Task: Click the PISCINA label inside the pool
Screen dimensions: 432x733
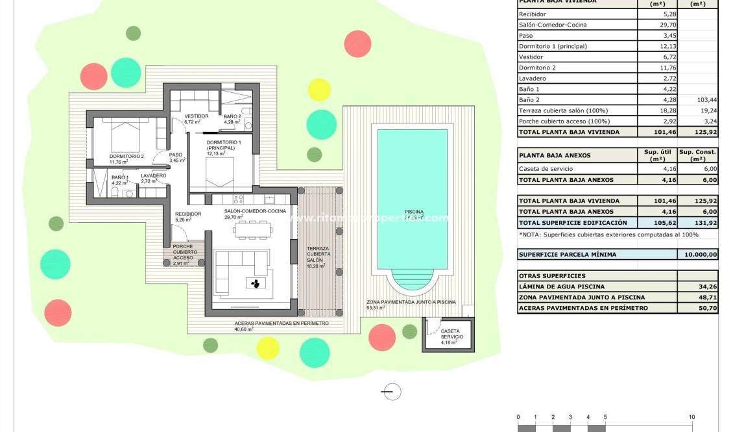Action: click(x=413, y=212)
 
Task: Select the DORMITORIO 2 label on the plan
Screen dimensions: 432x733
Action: click(x=126, y=156)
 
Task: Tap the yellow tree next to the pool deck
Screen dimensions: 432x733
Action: click(x=318, y=90)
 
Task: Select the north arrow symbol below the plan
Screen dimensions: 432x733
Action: click(x=392, y=392)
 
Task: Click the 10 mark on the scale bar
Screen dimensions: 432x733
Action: click(x=691, y=417)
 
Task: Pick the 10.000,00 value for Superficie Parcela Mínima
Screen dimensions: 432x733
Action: click(x=697, y=255)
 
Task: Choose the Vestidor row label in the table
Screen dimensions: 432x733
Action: click(x=531, y=57)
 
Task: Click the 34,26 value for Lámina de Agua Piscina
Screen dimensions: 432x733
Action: click(x=697, y=286)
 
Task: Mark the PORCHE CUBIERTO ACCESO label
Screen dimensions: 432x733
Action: click(x=182, y=255)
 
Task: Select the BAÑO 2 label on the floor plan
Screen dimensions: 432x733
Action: click(x=232, y=116)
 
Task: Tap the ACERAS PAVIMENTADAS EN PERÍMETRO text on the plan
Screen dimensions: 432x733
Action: click(x=282, y=323)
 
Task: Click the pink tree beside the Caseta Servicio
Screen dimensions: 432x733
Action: click(x=381, y=337)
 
